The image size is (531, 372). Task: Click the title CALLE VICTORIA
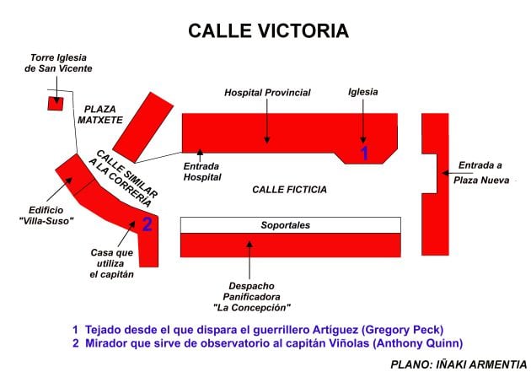268,31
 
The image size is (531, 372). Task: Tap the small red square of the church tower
56,104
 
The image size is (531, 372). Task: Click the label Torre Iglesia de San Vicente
58,62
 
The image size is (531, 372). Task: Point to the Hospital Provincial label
267,92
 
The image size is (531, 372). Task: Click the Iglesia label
363,92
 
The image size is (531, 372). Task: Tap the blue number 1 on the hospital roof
364,153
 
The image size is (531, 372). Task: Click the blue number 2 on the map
147,224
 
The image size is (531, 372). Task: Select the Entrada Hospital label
202,171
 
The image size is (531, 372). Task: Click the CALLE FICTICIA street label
289,190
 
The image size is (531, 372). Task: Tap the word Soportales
286,225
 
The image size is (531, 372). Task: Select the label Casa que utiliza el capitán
113,262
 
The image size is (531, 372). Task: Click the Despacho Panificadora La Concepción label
252,296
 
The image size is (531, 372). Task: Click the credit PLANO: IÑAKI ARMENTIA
459,364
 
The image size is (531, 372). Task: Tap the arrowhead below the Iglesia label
364,138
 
